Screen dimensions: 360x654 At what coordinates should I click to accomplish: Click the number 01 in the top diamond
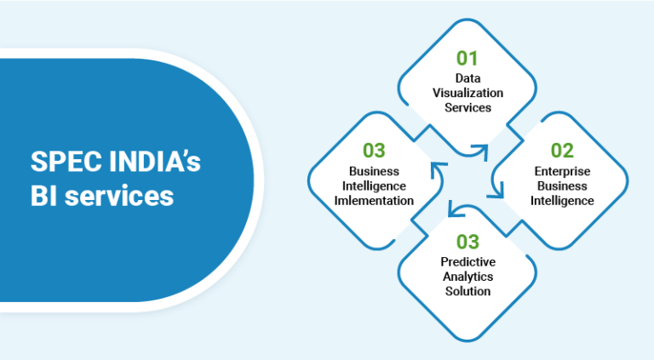[x=468, y=58]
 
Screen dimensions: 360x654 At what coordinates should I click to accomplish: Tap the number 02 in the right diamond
[x=562, y=150]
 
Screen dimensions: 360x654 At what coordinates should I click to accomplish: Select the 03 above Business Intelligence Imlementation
[x=374, y=150]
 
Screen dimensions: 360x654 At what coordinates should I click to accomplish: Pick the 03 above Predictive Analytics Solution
[x=468, y=242]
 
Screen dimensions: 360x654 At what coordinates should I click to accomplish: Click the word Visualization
[x=468, y=93]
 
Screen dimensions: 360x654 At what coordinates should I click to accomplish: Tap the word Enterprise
[x=562, y=172]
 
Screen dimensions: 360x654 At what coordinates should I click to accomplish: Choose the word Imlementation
[x=374, y=200]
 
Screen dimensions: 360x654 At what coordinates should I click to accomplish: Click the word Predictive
[x=468, y=262]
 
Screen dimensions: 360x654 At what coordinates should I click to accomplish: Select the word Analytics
[x=468, y=277]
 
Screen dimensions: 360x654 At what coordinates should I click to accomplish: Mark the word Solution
[x=468, y=291]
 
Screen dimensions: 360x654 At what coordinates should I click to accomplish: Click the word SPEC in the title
[x=61, y=163]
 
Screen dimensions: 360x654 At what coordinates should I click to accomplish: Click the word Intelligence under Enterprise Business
[x=562, y=201]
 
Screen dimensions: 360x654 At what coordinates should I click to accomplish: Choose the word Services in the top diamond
[x=468, y=107]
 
